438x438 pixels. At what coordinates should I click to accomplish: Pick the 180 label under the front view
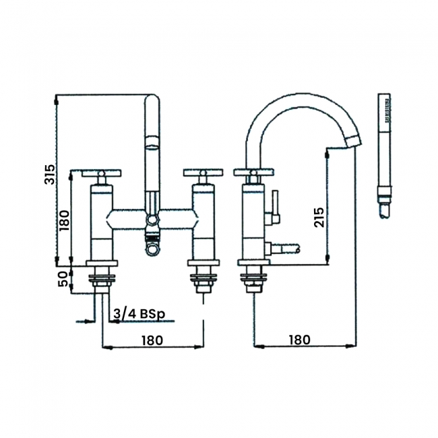click(152, 340)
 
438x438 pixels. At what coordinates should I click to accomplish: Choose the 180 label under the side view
click(301, 340)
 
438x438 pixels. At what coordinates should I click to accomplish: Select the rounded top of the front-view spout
click(153, 102)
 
